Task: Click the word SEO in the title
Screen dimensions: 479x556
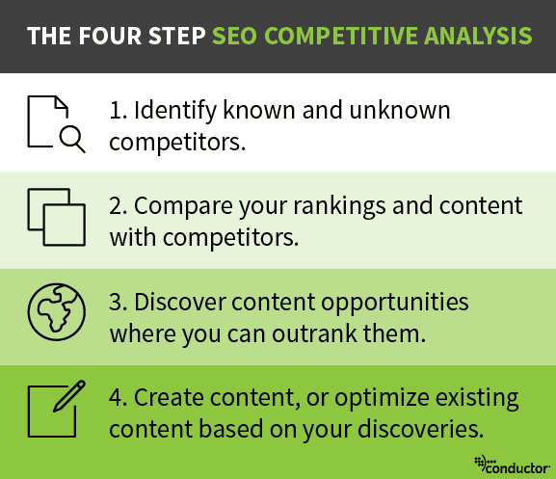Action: tap(235, 37)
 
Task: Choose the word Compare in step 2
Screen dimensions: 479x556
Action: tap(177, 206)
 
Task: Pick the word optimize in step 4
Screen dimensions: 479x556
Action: tap(377, 396)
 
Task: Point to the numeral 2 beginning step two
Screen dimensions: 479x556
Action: tap(116, 206)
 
